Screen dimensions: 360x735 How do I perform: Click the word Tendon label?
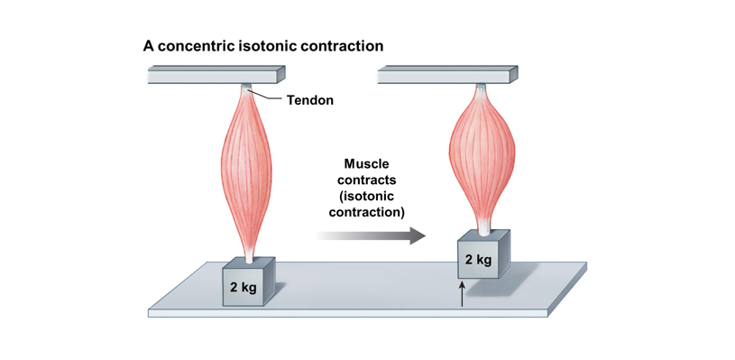309,100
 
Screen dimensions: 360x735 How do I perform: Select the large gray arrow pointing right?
371,236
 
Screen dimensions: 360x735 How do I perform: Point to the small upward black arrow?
462,294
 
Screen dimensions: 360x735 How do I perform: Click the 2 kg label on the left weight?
243,288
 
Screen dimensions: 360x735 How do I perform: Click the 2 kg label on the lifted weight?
479,261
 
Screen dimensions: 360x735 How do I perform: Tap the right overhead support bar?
447,75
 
